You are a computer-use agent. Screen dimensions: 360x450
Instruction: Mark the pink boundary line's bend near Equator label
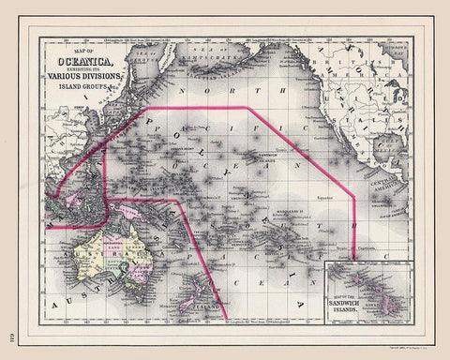353,197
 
